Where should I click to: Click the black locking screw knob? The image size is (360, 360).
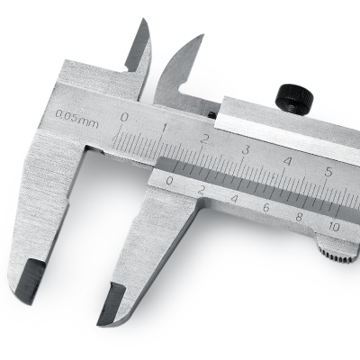(x=296, y=98)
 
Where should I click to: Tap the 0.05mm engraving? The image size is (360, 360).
(x=76, y=119)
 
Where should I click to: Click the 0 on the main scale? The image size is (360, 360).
(x=124, y=117)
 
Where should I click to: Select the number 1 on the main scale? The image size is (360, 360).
(x=165, y=129)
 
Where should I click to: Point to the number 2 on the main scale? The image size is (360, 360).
(x=205, y=139)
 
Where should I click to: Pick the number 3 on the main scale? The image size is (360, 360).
(x=246, y=150)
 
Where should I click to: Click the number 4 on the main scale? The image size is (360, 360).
(x=287, y=161)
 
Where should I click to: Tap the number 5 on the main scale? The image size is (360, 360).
(x=329, y=172)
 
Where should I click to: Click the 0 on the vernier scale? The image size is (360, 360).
(x=169, y=181)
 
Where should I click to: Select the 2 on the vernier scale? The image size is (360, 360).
(x=202, y=190)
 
